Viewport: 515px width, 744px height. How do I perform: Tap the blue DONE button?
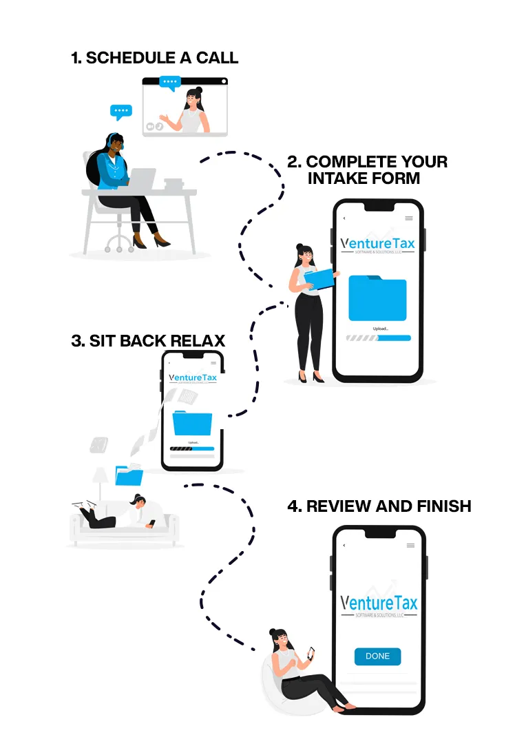(x=377, y=656)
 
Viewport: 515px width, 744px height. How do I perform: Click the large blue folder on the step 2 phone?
(x=377, y=298)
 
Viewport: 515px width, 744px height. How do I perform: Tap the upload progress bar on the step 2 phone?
(x=378, y=338)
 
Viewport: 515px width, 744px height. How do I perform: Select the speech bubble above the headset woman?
(x=121, y=112)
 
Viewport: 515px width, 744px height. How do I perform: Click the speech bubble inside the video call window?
(x=169, y=83)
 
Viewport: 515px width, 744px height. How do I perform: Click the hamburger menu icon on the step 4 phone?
(x=410, y=546)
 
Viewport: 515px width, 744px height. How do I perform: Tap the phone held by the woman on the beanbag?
(x=311, y=652)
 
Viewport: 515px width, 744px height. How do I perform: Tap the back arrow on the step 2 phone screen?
(x=344, y=218)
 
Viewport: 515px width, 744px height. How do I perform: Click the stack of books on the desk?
(x=174, y=184)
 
